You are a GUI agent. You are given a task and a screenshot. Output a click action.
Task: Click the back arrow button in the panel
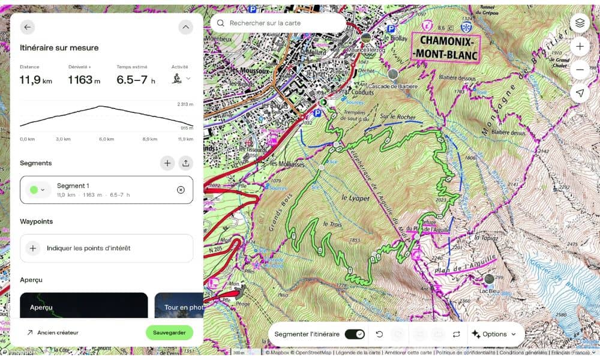[28, 27]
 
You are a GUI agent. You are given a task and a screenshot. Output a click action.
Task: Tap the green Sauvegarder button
[169, 332]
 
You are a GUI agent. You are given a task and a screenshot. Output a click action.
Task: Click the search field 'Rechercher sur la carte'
[278, 23]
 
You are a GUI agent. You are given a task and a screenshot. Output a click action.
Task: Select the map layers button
[580, 23]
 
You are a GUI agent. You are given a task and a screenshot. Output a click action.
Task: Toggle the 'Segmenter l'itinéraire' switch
[354, 334]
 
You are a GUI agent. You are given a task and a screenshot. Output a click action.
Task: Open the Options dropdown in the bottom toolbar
[494, 334]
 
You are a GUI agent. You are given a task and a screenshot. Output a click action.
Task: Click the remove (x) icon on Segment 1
[181, 190]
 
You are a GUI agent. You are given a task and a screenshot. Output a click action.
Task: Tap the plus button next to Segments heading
[167, 163]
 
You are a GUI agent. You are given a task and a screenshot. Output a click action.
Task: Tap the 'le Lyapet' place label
[354, 197]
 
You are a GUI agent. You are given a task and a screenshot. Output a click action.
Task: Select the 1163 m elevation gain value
[84, 80]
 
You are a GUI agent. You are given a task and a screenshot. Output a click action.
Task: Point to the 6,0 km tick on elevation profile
[106, 139]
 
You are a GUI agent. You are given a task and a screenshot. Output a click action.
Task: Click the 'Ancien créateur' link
[58, 332]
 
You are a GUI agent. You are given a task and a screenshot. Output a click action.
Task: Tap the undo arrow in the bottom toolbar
[379, 334]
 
